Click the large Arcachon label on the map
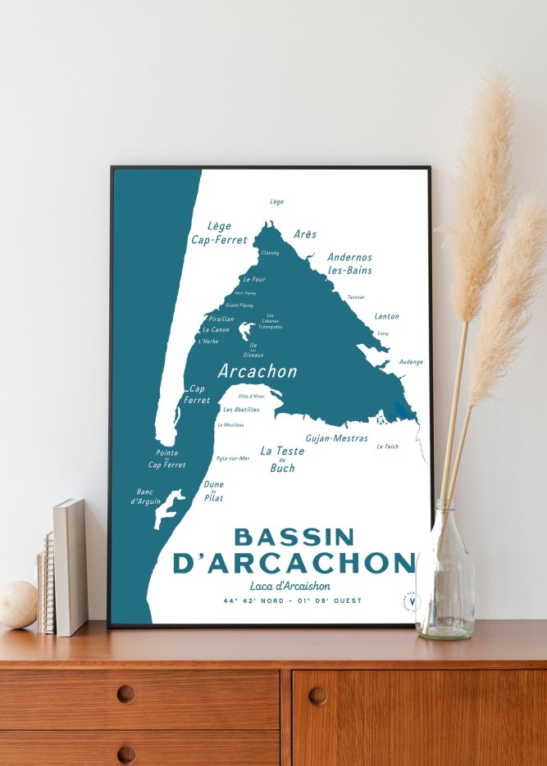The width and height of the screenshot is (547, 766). tap(257, 371)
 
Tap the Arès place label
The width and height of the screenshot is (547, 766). tap(305, 234)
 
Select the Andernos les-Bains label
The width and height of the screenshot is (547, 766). tap(350, 263)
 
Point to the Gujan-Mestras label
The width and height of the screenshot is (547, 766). tap(336, 438)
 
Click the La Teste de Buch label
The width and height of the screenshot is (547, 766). tap(282, 459)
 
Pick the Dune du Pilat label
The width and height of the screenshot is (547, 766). tap(213, 491)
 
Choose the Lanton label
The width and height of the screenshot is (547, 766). tap(386, 316)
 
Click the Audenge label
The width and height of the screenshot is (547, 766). tap(411, 361)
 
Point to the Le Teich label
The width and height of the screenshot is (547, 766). tap(387, 446)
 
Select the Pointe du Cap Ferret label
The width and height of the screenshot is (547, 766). tap(166, 459)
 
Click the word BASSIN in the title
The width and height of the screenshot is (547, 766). tap(294, 537)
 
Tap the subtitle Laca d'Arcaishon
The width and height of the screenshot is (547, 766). tap(290, 585)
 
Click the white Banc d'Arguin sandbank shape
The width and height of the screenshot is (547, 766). tap(169, 505)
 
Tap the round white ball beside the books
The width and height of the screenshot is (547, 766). tap(18, 604)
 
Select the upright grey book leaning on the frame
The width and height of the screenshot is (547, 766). tap(70, 566)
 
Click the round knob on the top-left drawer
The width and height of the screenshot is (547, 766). tap(125, 694)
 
